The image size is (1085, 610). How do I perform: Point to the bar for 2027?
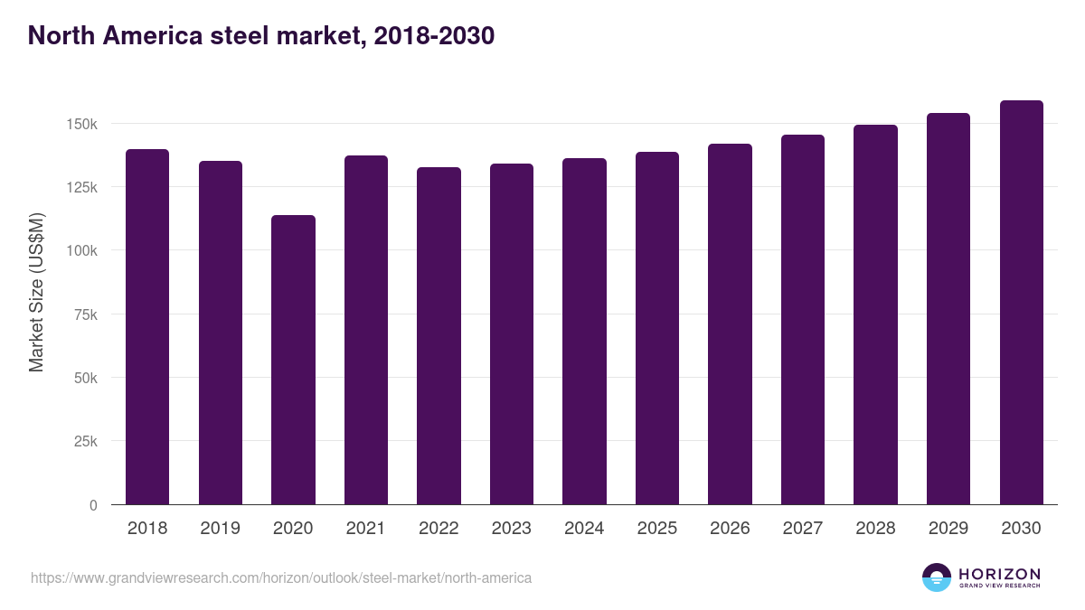tap(803, 320)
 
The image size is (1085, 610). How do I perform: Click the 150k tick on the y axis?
tap(81, 124)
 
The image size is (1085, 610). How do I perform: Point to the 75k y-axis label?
tap(85, 314)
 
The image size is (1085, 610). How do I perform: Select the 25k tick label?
tap(85, 442)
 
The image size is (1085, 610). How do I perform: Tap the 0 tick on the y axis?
tap(93, 505)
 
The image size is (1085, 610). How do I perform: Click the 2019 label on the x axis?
tap(220, 529)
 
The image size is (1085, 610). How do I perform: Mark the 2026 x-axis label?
tap(730, 529)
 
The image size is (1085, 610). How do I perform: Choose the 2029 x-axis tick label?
tap(948, 529)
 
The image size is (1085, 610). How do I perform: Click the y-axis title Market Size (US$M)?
tap(36, 293)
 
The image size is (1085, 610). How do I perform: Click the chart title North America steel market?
tap(261, 36)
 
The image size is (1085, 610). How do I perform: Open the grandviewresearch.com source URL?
tap(281, 577)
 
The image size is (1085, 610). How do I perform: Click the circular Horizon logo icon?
tap(937, 577)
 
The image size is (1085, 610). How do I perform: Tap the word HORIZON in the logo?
tap(999, 573)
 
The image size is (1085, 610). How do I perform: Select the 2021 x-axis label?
tap(365, 529)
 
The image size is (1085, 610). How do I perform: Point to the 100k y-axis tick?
tap(81, 250)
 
